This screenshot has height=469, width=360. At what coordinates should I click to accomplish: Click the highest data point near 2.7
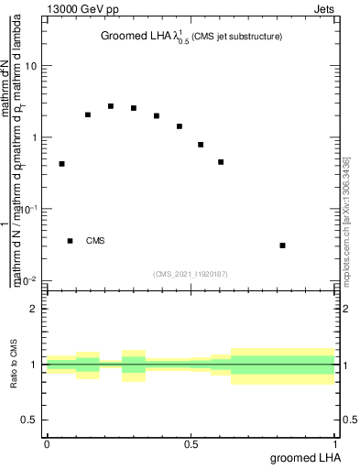[x=111, y=106]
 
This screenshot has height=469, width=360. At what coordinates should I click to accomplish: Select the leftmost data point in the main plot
[x=61, y=164]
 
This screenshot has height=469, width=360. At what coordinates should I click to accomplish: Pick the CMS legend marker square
[x=71, y=241]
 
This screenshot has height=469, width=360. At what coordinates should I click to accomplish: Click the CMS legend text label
[x=95, y=241]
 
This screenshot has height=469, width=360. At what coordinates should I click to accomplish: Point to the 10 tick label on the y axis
[x=32, y=67]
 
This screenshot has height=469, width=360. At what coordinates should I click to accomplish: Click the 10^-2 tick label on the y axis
[x=29, y=281]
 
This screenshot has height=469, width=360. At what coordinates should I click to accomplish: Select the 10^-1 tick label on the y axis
[x=29, y=210]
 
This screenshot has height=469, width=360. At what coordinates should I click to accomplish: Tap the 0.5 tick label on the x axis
[x=191, y=444]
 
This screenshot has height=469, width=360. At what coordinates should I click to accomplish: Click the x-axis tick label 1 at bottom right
[x=336, y=444]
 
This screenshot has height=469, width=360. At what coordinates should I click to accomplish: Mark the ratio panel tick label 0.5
[x=30, y=420]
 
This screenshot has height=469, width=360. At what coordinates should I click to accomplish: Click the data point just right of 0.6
[x=221, y=162]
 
